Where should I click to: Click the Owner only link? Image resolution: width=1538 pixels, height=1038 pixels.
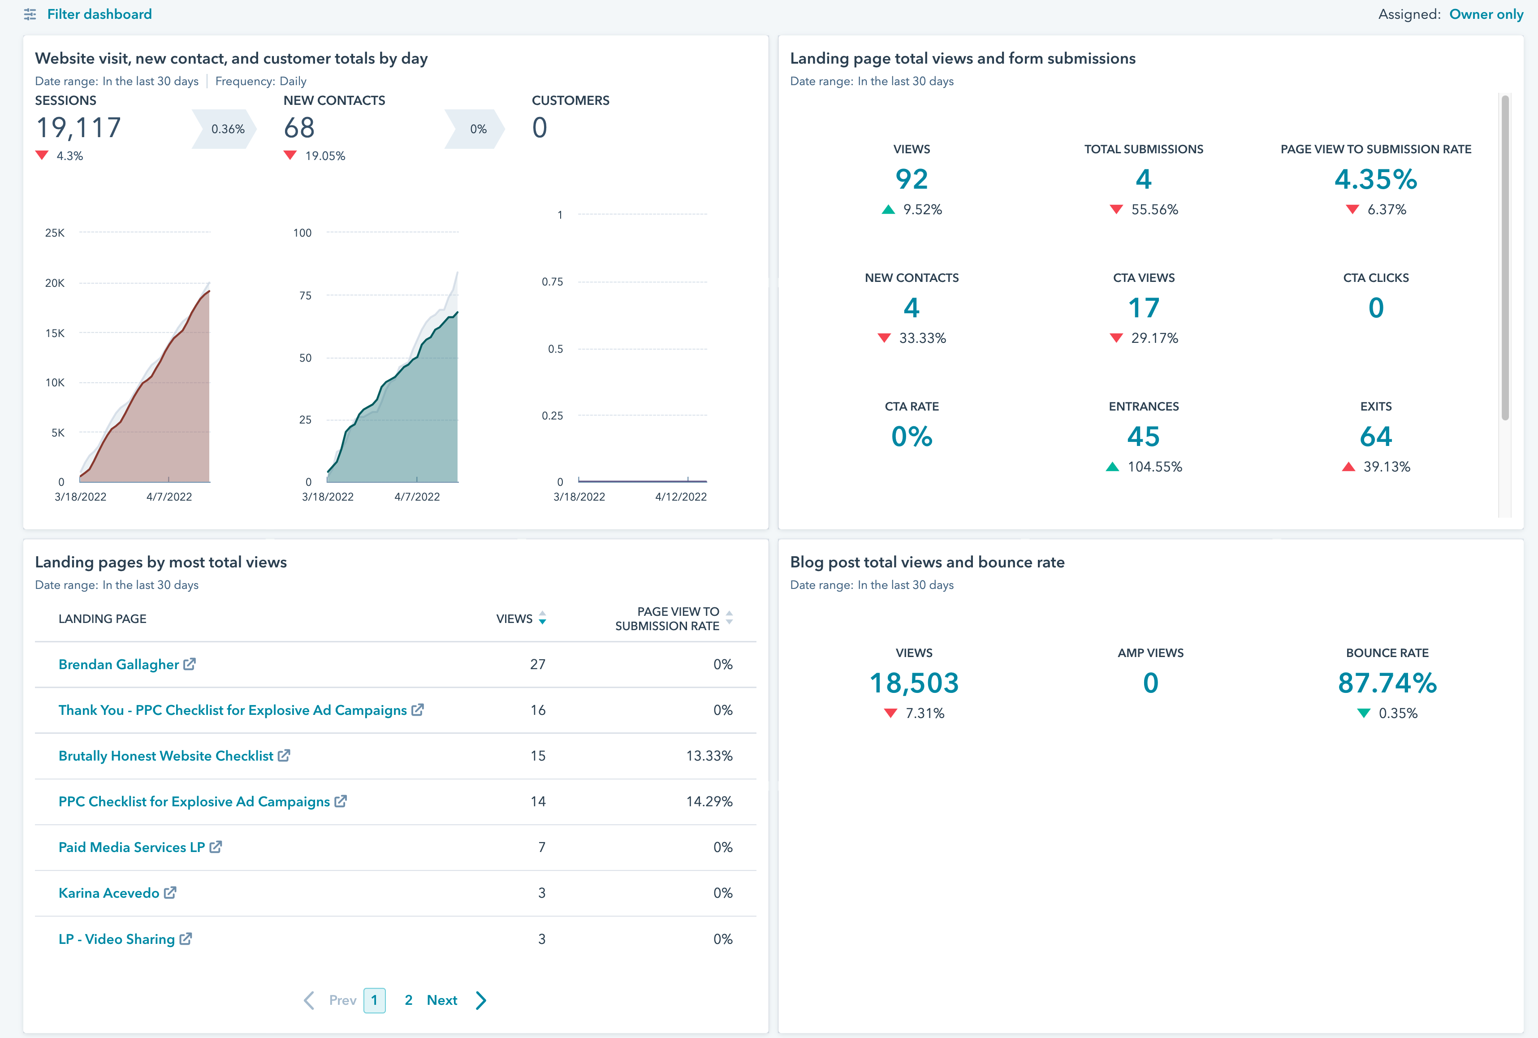1486,14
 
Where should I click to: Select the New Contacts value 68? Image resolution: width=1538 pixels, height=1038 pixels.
299,128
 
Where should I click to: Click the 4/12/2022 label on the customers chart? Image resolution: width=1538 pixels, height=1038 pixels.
680,497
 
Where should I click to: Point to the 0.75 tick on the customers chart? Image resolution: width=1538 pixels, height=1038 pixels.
552,282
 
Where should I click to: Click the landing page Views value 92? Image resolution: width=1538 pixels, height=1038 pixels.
912,179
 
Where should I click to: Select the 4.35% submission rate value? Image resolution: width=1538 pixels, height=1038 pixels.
1375,179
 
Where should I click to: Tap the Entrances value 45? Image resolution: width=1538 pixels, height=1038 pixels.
1143,436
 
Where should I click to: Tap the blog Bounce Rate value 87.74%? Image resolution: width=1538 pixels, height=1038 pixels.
1387,683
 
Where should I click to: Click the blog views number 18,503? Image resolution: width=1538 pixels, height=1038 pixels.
913,683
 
